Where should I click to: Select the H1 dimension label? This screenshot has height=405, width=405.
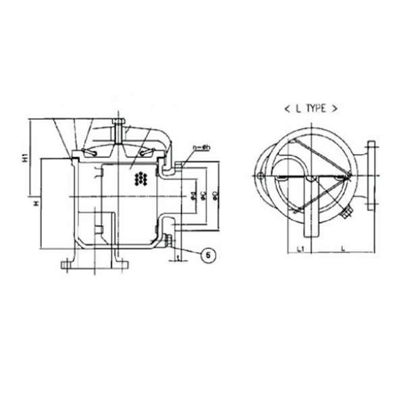[x=25, y=159]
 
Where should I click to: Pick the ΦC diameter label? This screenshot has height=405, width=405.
[x=203, y=197]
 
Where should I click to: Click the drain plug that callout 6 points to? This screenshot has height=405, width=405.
[x=167, y=238]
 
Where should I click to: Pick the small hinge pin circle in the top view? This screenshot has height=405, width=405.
[x=261, y=177]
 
